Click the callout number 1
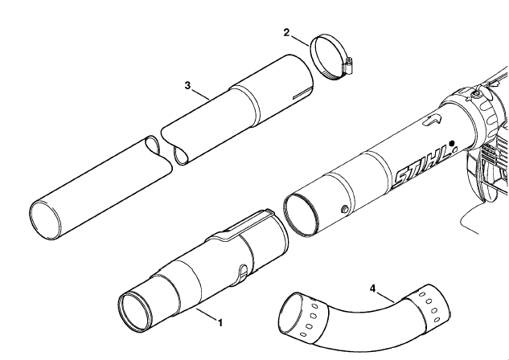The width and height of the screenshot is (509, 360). tap(220, 323)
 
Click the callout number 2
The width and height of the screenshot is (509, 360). tap(286, 32)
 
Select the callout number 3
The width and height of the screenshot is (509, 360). tap(187, 86)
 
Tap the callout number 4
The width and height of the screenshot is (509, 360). tap(372, 288)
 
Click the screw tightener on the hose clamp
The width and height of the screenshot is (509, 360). tap(347, 66)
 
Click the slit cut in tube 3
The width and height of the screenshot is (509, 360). tap(303, 92)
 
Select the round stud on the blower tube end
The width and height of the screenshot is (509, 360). tap(345, 210)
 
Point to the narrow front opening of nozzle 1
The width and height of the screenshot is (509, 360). tap(135, 313)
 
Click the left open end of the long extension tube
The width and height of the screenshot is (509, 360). tap(46, 221)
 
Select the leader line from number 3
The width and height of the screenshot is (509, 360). tap(200, 94)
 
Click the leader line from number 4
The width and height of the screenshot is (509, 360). tap(386, 298)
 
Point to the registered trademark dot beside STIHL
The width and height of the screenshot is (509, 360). tap(451, 143)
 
